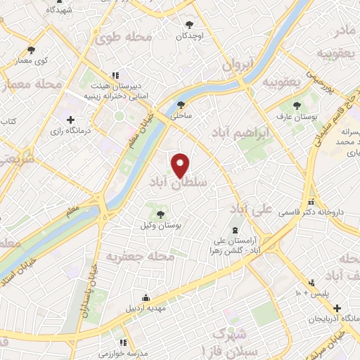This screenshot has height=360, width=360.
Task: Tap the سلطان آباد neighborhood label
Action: [179, 181]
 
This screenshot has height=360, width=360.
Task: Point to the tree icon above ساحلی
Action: [181, 105]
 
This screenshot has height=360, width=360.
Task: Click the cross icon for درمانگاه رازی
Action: [70, 120]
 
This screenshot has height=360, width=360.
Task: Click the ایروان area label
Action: [237, 65]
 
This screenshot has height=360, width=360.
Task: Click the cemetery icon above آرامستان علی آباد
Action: [234, 231]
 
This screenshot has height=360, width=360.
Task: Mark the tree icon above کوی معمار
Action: [31, 50]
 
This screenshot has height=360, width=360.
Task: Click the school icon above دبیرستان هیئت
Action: [116, 75]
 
